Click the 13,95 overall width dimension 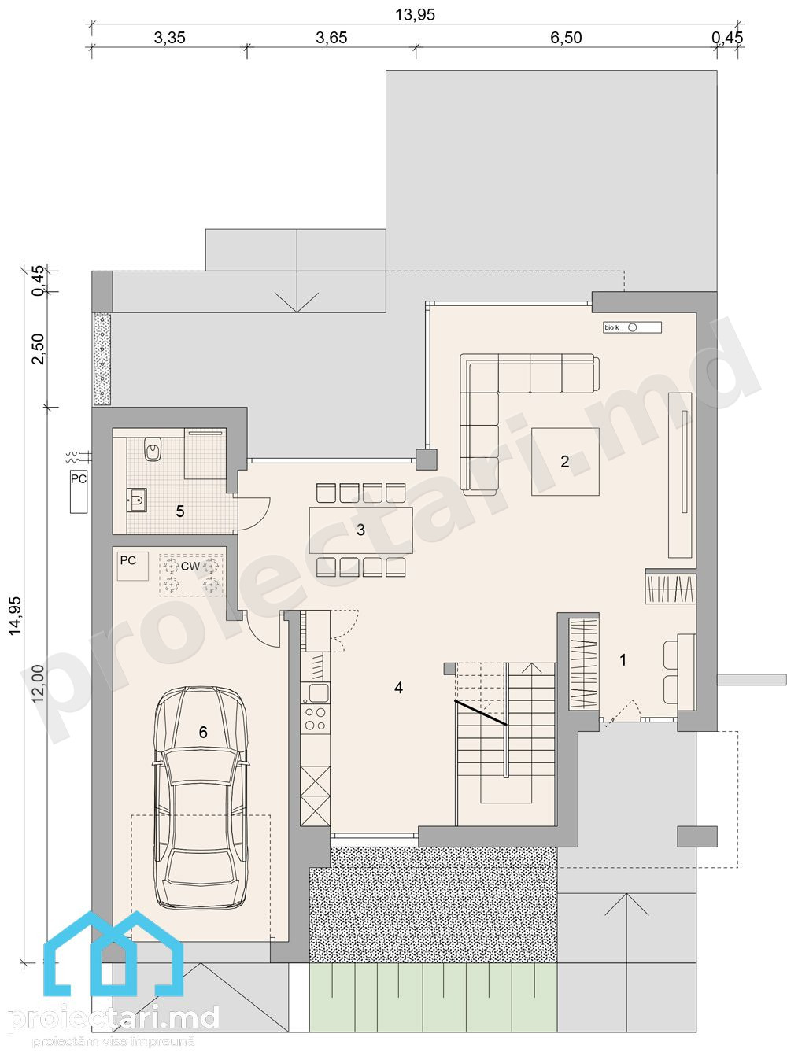click(415, 15)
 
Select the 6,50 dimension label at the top click(566, 38)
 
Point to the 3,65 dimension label click(331, 38)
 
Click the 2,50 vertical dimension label click(37, 349)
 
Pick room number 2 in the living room click(565, 461)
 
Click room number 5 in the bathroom click(180, 511)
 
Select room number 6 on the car click(203, 733)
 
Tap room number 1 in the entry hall click(623, 660)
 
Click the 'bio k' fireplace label click(611, 327)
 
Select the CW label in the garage click(190, 567)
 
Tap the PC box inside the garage click(133, 566)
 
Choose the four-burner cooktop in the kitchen click(316, 718)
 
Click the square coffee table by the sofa click(566, 461)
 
